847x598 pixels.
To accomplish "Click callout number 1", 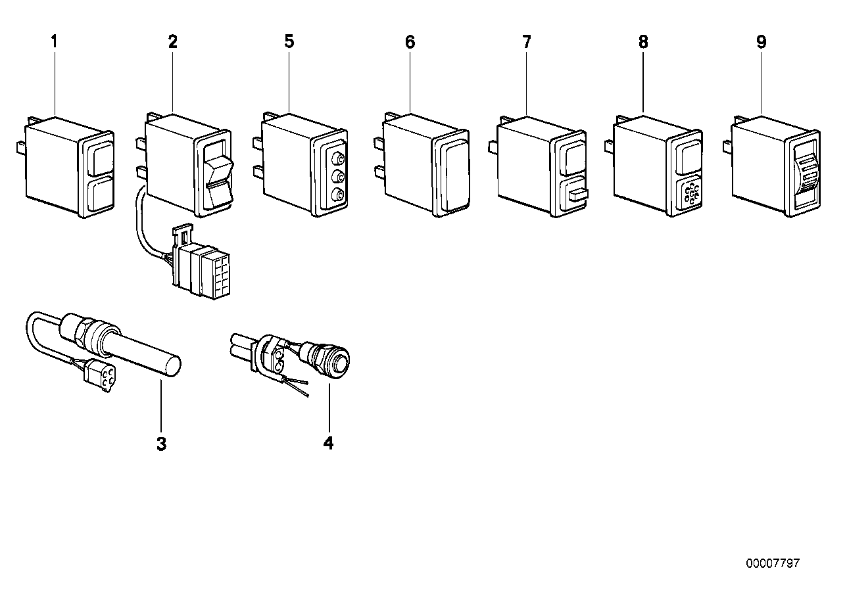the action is point(54,41).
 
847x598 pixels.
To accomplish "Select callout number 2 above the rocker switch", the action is point(173,41).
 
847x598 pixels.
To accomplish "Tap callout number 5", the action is point(289,41).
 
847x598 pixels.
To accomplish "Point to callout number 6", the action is point(410,42).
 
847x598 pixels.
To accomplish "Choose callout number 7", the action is point(527,41).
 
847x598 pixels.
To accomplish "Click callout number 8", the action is point(643,42).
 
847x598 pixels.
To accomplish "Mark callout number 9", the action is point(761,42).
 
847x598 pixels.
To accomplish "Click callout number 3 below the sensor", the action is point(162,444).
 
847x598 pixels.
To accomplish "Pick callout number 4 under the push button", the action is point(328,444).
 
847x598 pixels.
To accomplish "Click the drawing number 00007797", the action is point(773,563).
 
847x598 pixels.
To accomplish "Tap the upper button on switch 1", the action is point(99,160).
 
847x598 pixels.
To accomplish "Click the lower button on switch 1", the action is point(100,194).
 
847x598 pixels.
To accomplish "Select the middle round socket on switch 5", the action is point(337,176).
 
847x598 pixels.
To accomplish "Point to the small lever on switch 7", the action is point(578,195).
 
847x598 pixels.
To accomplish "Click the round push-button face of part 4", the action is point(341,361).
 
